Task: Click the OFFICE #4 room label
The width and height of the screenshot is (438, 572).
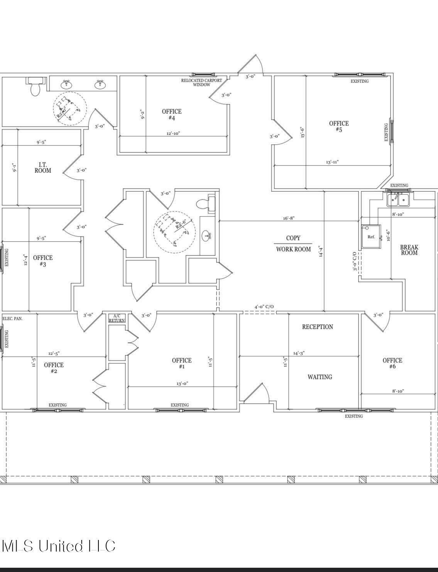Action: pyautogui.click(x=171, y=115)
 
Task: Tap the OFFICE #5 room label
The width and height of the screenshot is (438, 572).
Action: pyautogui.click(x=338, y=127)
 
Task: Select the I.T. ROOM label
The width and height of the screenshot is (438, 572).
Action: pyautogui.click(x=42, y=168)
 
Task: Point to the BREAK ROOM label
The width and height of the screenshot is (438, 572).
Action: pyautogui.click(x=409, y=250)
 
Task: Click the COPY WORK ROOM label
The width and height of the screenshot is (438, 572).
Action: pyautogui.click(x=293, y=244)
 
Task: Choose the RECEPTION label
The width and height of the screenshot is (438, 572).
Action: pyautogui.click(x=317, y=327)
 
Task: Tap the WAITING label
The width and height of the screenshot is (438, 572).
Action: pyautogui.click(x=320, y=377)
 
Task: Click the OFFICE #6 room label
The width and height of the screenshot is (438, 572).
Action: pyautogui.click(x=392, y=363)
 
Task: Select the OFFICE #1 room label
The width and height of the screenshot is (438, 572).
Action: pyautogui.click(x=181, y=363)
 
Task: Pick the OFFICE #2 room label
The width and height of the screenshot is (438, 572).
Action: pyautogui.click(x=54, y=368)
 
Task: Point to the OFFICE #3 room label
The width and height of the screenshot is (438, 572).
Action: pyautogui.click(x=42, y=261)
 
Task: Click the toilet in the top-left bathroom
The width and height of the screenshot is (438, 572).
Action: pyautogui.click(x=35, y=87)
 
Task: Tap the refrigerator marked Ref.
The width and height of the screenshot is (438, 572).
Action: pyautogui.click(x=371, y=237)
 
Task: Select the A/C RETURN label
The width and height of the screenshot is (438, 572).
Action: pyautogui.click(x=117, y=318)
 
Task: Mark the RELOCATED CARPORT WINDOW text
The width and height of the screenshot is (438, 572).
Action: pyautogui.click(x=201, y=82)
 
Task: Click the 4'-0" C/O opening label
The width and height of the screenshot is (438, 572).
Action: pyautogui.click(x=264, y=307)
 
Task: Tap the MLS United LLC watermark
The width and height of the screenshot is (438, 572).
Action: pyautogui.click(x=59, y=546)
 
